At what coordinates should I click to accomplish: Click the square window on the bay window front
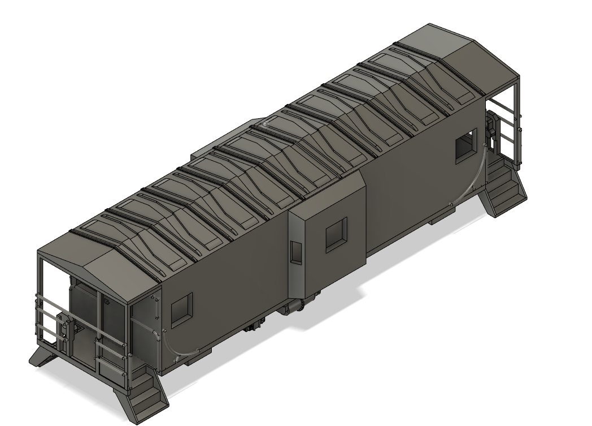[x=337, y=235]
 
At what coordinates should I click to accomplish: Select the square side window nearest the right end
[x=467, y=145]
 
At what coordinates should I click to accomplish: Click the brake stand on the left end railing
[x=64, y=334]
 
